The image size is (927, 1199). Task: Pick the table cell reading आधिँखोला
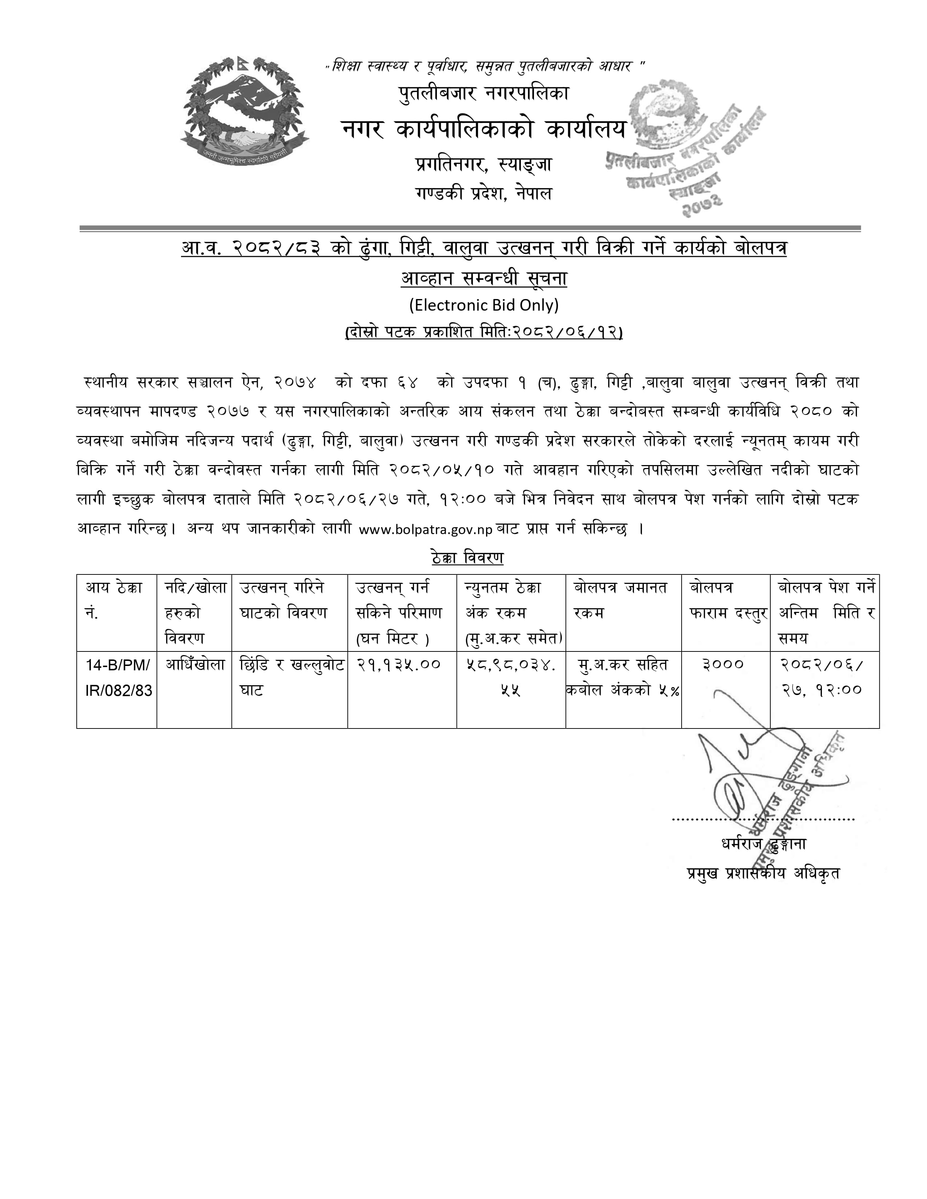[195, 665]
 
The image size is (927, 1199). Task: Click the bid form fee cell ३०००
[723, 665]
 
